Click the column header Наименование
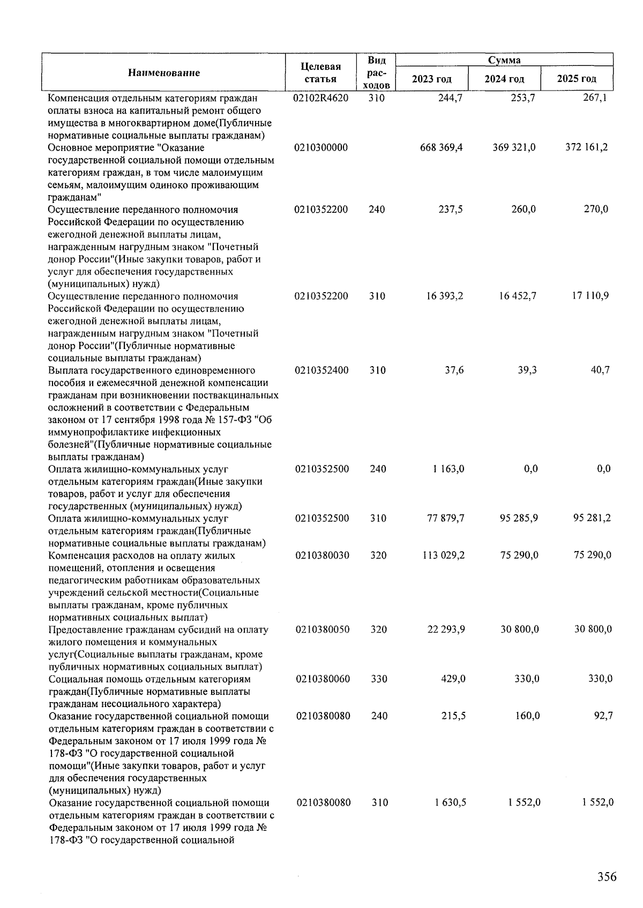(163, 73)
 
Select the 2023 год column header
(431, 79)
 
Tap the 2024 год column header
(504, 79)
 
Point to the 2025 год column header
(577, 79)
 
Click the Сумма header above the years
(504, 60)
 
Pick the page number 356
(607, 877)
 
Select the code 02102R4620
(321, 98)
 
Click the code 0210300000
(321, 147)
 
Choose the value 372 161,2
(587, 147)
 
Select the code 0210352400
(322, 370)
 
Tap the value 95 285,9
(518, 518)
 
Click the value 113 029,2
(444, 555)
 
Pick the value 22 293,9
(446, 629)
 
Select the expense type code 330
(379, 679)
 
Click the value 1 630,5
(450, 802)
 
